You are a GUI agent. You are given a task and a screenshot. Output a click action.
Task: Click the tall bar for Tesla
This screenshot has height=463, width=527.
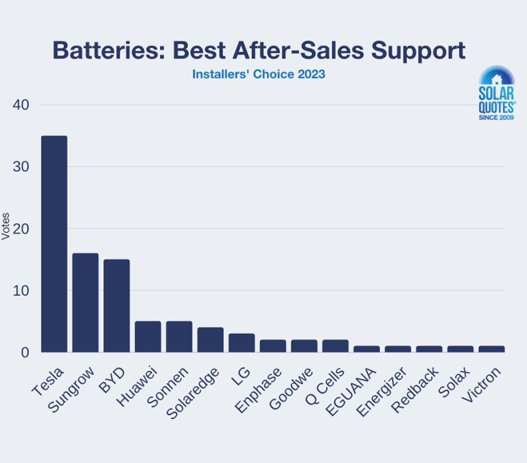(54, 244)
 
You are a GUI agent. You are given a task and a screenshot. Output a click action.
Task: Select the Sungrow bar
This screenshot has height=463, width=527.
(86, 302)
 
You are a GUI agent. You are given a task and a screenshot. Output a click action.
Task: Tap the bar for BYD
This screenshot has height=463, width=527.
(117, 306)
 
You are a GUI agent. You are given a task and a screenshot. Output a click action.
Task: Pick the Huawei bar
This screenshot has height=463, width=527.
(148, 337)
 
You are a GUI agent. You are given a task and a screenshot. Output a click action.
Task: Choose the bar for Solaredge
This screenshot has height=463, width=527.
(210, 339)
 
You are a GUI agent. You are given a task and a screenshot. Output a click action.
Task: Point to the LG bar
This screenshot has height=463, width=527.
(242, 343)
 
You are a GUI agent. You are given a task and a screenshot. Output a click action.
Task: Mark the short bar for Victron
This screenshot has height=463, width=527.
(491, 349)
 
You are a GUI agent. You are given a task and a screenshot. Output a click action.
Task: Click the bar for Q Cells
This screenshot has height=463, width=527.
(335, 346)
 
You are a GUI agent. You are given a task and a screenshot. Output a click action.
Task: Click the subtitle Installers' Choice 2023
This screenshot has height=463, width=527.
(258, 74)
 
